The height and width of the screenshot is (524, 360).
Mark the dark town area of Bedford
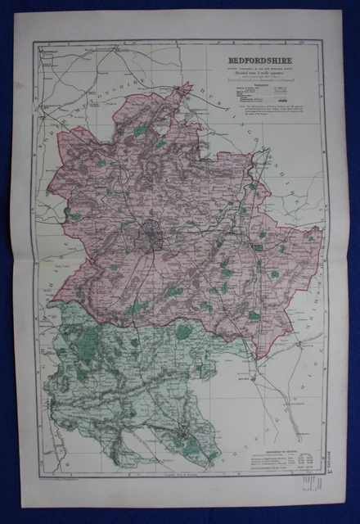[x=154, y=238]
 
